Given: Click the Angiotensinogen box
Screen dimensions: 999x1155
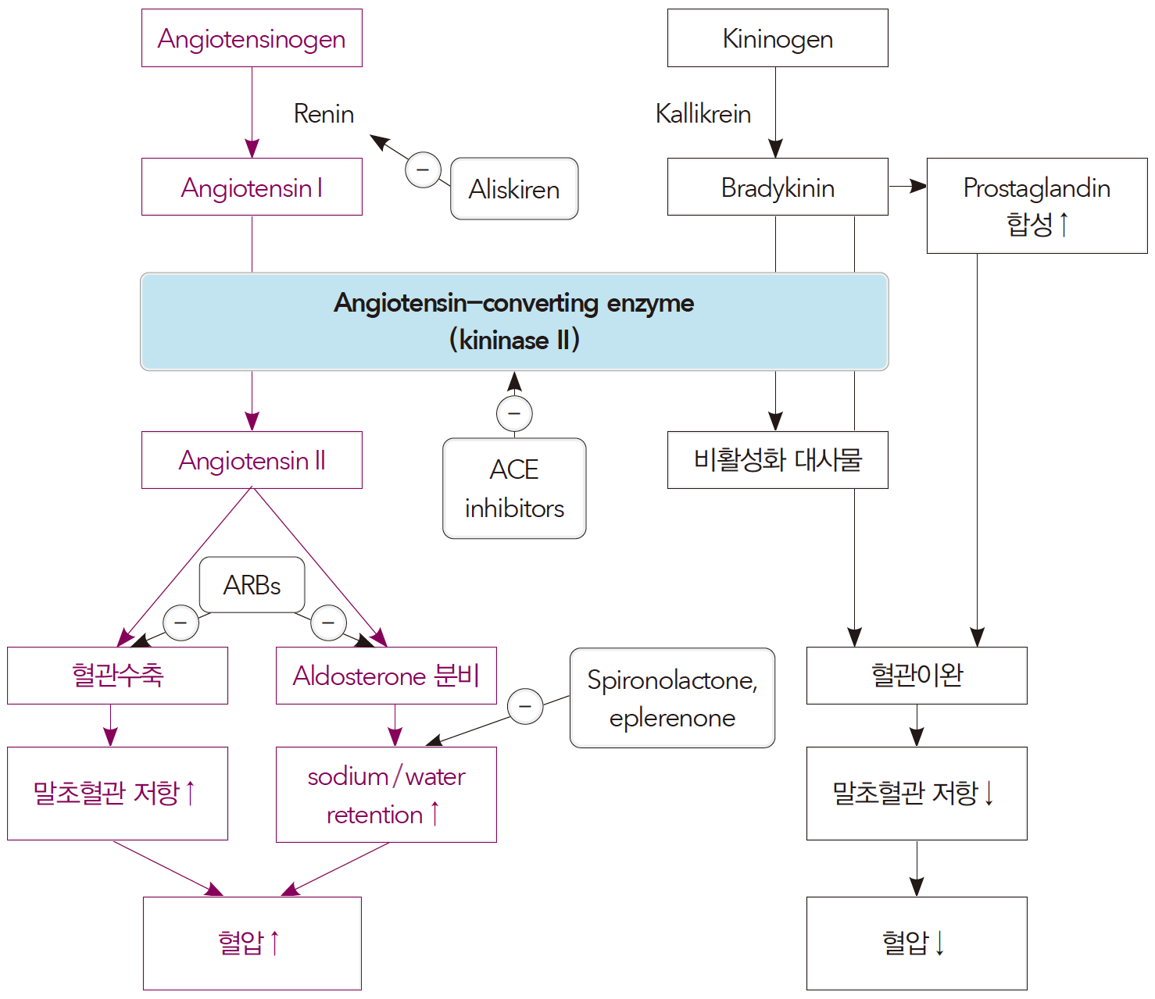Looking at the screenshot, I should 252,38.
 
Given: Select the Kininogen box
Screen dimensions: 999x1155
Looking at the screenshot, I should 778,38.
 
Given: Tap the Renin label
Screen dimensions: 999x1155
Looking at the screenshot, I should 324,114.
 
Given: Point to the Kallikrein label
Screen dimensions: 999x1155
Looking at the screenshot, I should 703,114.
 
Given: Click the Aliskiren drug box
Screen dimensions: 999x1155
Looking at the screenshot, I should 514,189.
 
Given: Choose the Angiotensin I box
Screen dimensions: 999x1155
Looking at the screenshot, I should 252,187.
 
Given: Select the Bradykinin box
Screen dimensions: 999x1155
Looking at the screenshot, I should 778,187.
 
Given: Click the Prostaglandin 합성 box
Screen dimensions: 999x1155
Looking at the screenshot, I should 1036,205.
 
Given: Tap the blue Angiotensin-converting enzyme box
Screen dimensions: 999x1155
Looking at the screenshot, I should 514,321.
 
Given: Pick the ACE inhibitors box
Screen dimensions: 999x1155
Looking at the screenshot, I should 514,488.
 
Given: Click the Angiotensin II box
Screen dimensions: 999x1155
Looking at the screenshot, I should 252,460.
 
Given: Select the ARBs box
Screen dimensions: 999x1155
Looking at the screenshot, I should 252,585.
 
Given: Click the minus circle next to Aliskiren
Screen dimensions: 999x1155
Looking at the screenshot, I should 423,169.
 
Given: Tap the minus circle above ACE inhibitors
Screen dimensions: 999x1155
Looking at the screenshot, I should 514,413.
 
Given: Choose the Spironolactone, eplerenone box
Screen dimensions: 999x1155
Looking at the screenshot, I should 672,698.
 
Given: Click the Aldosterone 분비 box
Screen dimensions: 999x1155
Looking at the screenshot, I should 386,676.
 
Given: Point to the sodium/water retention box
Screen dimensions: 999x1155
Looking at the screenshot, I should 386,794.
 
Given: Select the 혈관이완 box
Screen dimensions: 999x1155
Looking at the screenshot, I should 917,676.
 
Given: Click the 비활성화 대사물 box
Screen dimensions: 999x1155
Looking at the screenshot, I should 778,460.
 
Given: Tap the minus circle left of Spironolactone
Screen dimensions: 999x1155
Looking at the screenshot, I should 525,706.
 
